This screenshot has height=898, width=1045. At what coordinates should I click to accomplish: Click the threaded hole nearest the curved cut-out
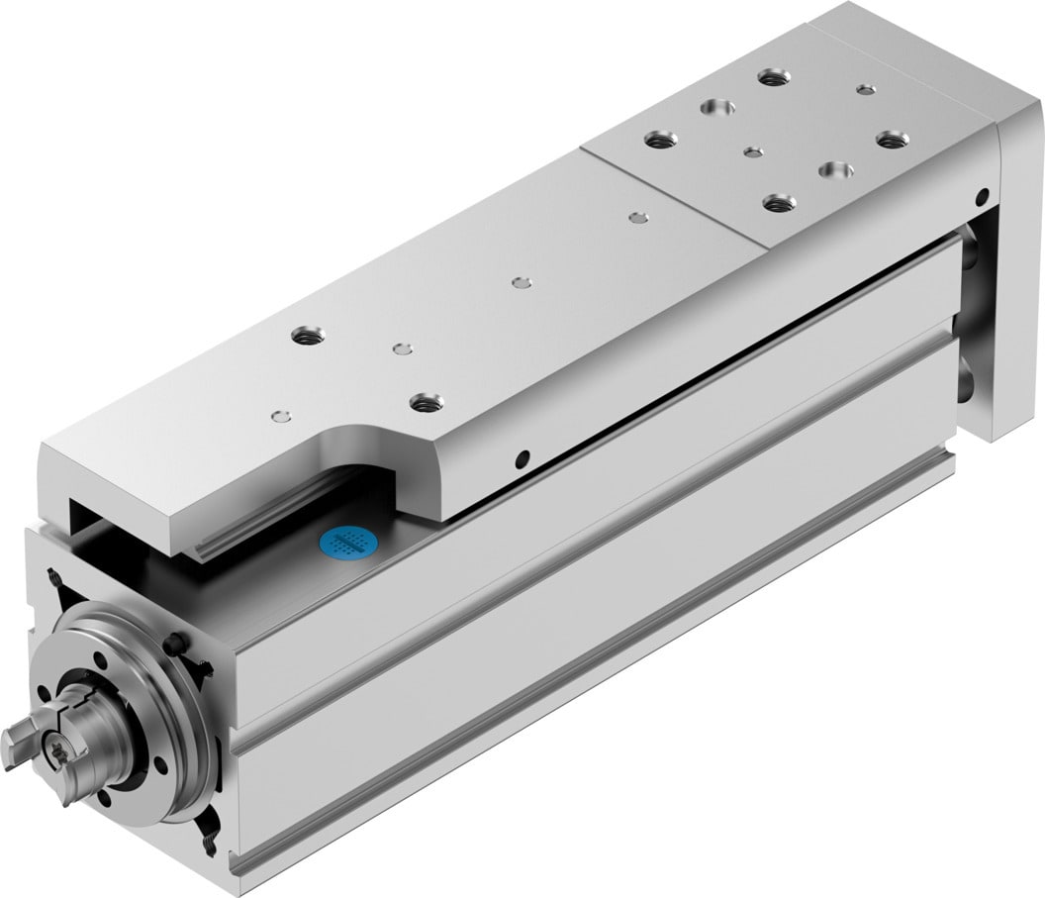click(426, 401)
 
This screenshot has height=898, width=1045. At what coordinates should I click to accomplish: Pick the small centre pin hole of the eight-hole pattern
click(753, 152)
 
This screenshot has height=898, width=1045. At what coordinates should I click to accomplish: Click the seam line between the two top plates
click(673, 198)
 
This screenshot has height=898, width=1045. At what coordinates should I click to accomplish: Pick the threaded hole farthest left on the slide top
click(303, 336)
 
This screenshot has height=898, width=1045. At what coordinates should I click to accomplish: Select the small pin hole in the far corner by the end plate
click(866, 90)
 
